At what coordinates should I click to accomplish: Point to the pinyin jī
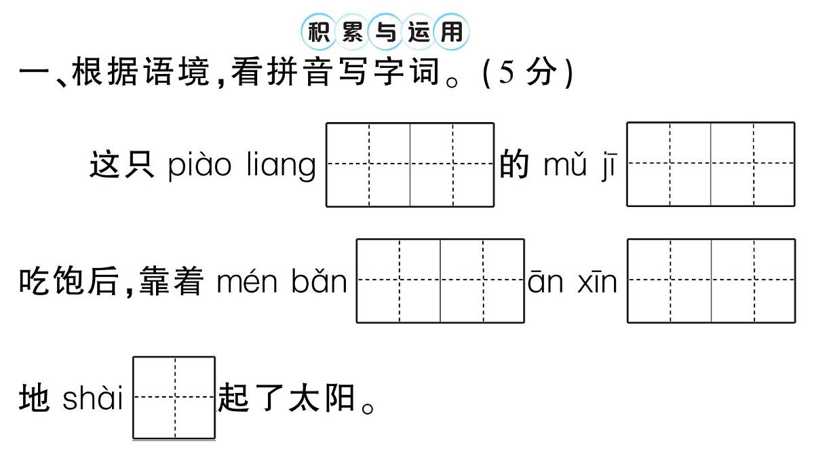pyautogui.click(x=607, y=165)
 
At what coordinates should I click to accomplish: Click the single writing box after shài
pyautogui.click(x=174, y=398)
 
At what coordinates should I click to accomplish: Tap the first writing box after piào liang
pyautogui.click(x=368, y=164)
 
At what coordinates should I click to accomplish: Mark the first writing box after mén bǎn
pyautogui.click(x=398, y=280)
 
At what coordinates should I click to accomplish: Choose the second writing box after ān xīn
pyautogui.click(x=753, y=280)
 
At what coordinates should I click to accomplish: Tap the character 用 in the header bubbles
pyautogui.click(x=451, y=31)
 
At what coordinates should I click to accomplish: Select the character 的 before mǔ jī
pyautogui.click(x=513, y=166)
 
